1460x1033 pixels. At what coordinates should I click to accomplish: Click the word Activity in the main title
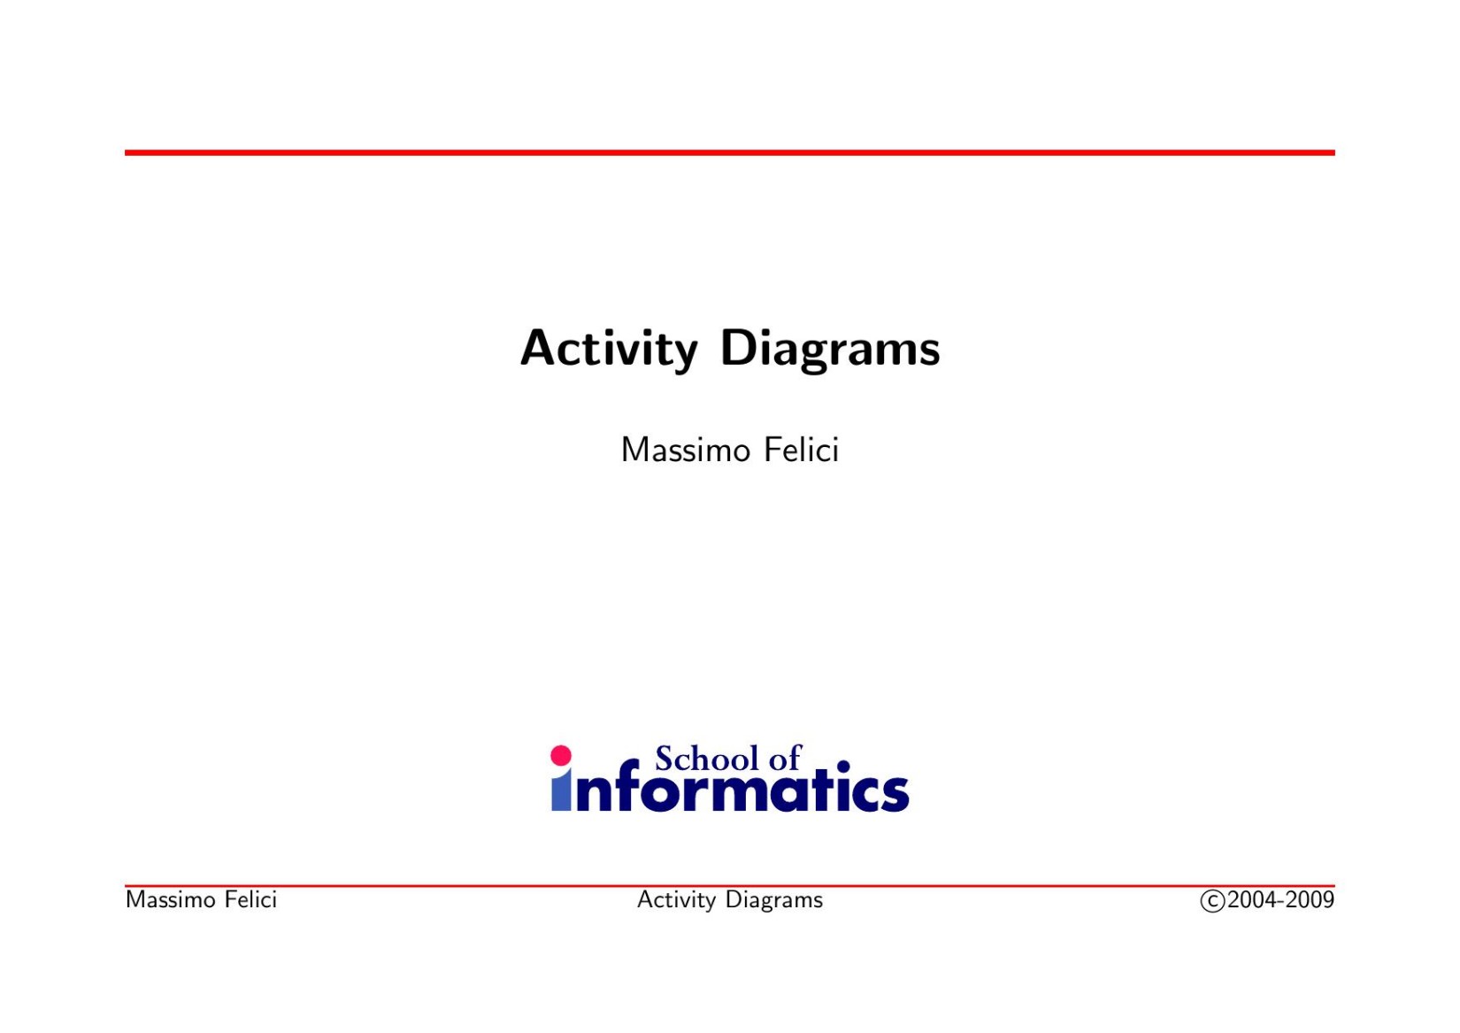click(609, 349)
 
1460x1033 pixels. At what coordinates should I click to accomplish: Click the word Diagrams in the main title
click(829, 349)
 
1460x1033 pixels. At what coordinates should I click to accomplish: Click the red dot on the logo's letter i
click(561, 755)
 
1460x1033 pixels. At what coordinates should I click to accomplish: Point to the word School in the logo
click(706, 759)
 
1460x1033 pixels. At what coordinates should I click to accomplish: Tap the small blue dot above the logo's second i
click(842, 767)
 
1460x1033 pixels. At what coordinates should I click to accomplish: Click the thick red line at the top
click(729, 153)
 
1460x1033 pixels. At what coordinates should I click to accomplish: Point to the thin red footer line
click(729, 885)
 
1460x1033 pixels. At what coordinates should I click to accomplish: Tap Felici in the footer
click(250, 900)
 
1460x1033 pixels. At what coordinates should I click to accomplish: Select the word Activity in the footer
click(676, 900)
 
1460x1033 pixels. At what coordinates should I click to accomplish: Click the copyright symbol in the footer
click(1211, 901)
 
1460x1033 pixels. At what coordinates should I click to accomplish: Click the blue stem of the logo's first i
click(561, 794)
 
